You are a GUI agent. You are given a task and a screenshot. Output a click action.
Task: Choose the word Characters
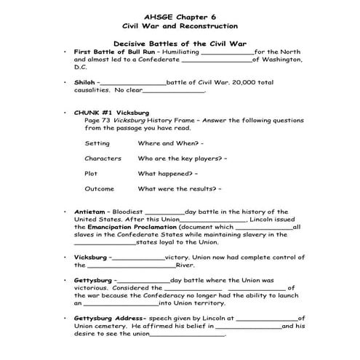coord(103,158)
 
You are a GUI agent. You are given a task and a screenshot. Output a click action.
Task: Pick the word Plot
coord(91,173)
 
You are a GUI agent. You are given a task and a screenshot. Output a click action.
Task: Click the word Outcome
coord(100,188)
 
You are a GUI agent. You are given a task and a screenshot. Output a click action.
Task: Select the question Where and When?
coord(171,143)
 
